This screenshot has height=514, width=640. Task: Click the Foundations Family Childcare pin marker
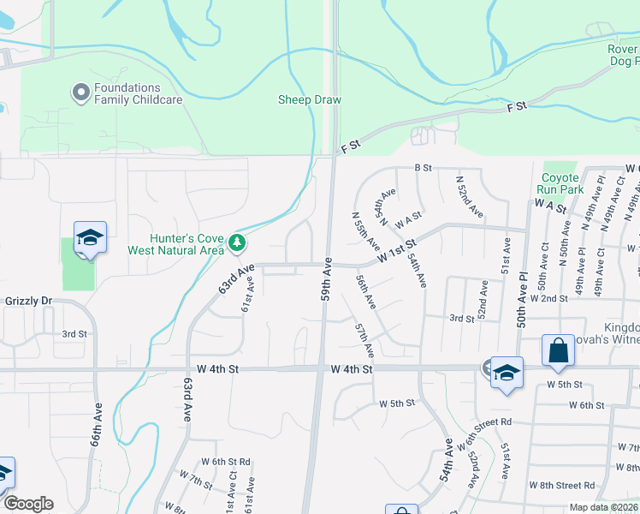click(x=81, y=93)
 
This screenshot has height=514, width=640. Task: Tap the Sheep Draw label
click(x=309, y=100)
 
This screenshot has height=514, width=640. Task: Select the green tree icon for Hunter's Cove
click(x=237, y=244)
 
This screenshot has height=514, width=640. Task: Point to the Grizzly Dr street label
click(x=27, y=302)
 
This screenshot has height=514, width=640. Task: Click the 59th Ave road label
click(x=326, y=278)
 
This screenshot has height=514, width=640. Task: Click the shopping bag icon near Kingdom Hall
click(x=558, y=350)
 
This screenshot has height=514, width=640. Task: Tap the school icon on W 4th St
click(x=507, y=372)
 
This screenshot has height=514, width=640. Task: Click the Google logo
click(x=28, y=504)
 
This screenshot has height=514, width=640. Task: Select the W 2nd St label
click(x=548, y=298)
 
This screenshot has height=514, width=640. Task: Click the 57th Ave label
click(x=365, y=340)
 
